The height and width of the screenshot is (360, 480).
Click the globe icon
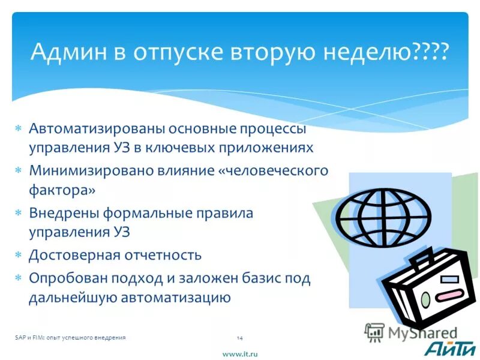[382, 213]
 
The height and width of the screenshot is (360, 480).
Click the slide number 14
[239, 338]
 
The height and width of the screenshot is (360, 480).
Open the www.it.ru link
[239, 354]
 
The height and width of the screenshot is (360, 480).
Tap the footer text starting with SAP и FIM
[70, 338]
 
